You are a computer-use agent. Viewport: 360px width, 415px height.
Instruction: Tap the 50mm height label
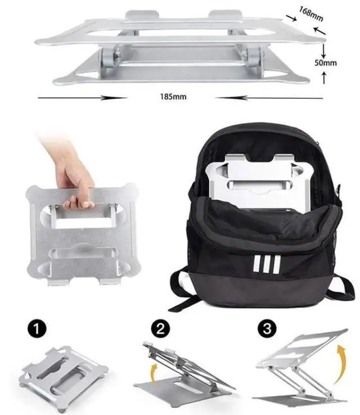click(326, 62)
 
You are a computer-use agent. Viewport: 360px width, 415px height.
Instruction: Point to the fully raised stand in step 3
click(304, 368)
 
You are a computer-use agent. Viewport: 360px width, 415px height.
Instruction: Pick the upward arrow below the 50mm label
click(325, 78)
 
